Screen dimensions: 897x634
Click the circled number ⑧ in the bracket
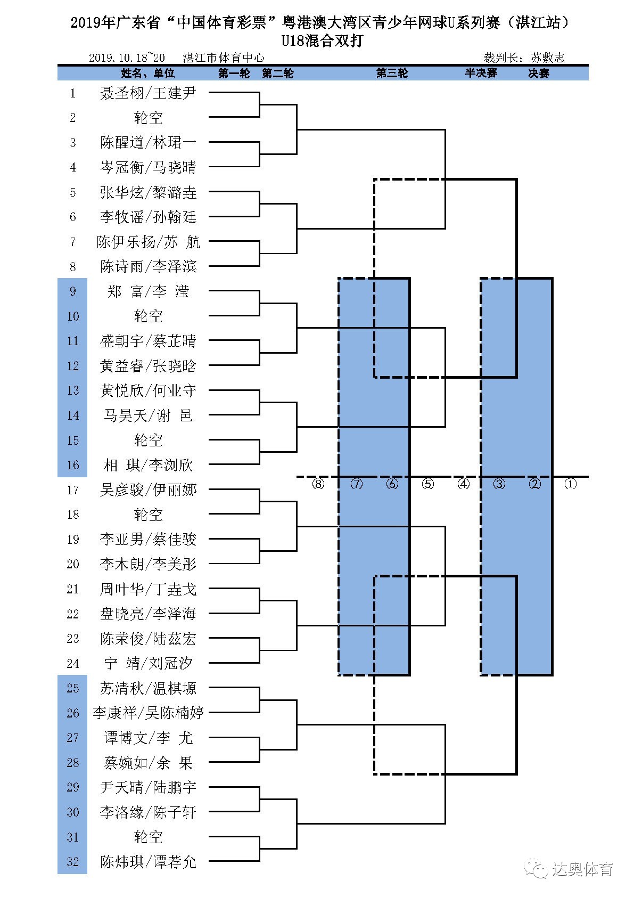click(318, 484)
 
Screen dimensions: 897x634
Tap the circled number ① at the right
click(570, 484)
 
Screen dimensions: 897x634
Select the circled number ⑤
click(428, 484)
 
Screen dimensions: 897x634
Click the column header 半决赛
click(481, 74)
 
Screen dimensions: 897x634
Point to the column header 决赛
click(538, 74)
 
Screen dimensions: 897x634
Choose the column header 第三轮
click(392, 74)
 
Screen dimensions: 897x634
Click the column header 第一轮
click(234, 74)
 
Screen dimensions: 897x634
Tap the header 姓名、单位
click(148, 74)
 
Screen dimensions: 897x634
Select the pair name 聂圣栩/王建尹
click(148, 93)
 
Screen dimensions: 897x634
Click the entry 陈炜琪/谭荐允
click(148, 862)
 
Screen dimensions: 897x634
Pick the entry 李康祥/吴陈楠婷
click(148, 713)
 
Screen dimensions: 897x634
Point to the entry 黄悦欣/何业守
click(148, 390)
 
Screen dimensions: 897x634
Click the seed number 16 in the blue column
click(73, 465)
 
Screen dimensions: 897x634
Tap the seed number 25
click(73, 688)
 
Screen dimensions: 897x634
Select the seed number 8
click(73, 266)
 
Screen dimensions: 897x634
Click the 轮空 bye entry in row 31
click(148, 837)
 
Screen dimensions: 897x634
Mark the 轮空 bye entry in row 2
click(148, 118)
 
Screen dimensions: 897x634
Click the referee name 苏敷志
click(547, 58)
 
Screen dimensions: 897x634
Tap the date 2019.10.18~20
click(127, 58)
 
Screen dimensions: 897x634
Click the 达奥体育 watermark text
click(582, 870)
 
